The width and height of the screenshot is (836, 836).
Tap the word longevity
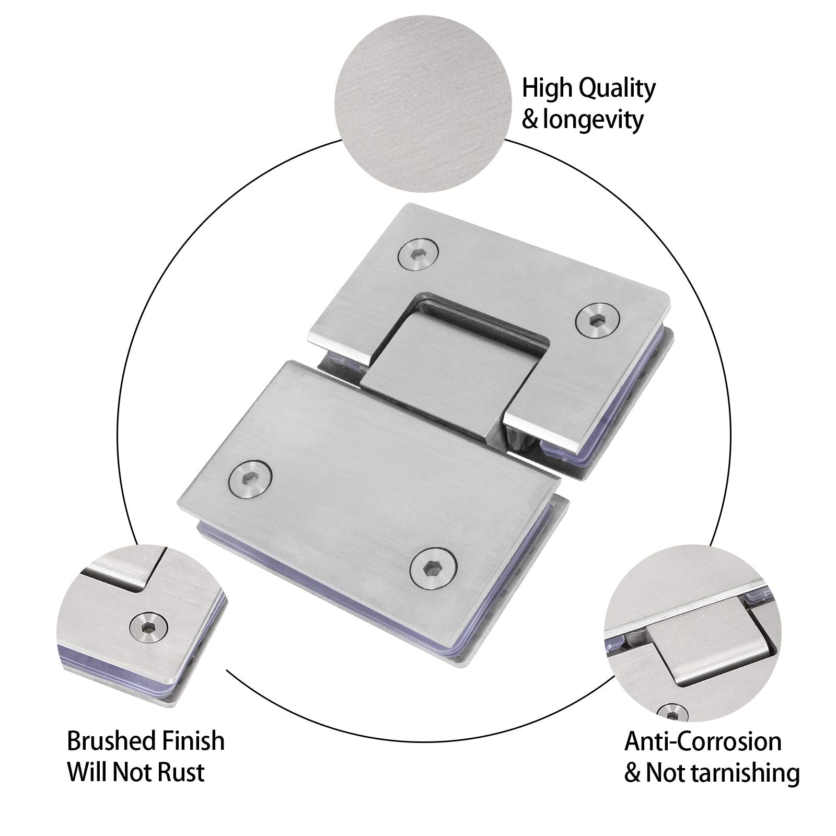tap(593, 120)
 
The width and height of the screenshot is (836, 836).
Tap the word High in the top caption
tap(547, 89)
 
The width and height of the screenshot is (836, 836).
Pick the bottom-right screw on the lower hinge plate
tap(433, 568)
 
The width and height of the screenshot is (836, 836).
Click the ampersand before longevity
tap(530, 120)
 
